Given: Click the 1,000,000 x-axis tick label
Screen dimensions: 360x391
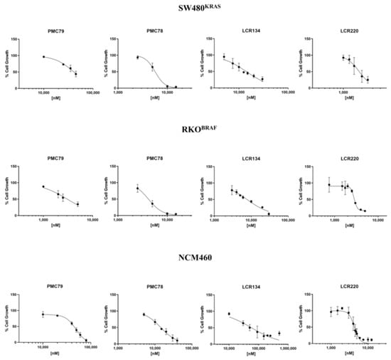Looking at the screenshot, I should pos(284,349).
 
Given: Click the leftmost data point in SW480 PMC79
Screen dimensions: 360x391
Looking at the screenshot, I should pos(43,57).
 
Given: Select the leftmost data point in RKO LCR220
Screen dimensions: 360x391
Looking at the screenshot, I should pos(328,186).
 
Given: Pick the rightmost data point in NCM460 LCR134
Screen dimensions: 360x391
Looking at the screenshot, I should pos(279,333).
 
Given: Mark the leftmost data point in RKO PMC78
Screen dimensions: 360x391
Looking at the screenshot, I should pos(137,188).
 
